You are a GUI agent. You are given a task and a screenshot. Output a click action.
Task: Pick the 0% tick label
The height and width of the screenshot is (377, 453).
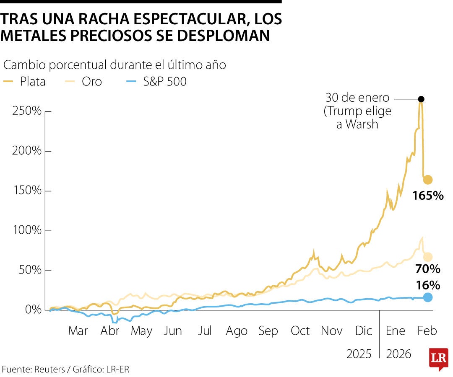point(33,310)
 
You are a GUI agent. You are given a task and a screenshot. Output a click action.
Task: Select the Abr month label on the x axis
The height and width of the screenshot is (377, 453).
point(109,331)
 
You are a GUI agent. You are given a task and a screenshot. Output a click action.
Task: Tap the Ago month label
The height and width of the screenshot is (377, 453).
point(237,331)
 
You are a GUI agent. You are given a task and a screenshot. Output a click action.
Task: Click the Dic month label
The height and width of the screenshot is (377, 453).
point(363,331)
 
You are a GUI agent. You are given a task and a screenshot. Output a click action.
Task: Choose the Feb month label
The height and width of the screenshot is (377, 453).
point(427,331)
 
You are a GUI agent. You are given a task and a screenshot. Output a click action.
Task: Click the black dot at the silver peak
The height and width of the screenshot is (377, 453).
point(421,99)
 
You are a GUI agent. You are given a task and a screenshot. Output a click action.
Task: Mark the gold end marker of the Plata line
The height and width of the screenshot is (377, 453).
point(427,180)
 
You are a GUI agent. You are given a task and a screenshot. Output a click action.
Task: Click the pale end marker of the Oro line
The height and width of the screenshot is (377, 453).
point(427,257)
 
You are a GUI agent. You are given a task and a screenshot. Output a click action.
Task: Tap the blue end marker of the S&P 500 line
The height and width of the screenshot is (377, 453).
point(427,297)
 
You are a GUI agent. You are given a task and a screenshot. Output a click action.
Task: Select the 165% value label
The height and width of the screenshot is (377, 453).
point(427,196)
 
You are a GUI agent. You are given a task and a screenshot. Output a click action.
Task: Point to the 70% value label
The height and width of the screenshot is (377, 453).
point(427,269)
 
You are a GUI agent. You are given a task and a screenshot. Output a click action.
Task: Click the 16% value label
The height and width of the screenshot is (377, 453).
point(427,285)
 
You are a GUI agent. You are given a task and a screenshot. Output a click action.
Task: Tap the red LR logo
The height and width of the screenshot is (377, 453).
point(438,359)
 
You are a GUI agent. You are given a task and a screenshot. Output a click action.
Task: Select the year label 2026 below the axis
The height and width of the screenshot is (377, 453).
point(399,354)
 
